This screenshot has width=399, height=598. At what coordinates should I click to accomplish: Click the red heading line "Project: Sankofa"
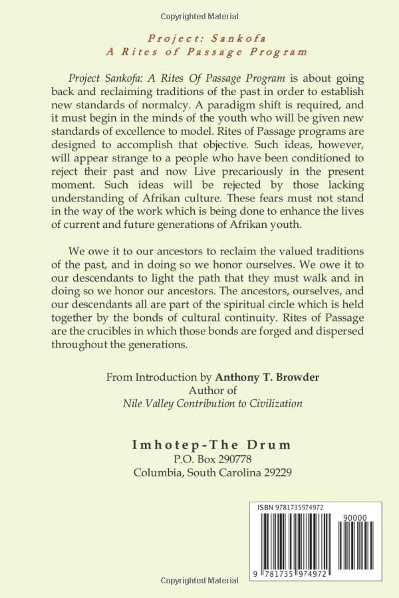(x=199, y=37)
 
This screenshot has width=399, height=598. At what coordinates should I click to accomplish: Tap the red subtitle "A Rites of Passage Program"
(x=199, y=50)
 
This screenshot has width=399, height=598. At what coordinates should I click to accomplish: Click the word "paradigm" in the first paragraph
(x=162, y=103)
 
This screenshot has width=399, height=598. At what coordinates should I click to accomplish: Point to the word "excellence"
(x=139, y=132)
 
